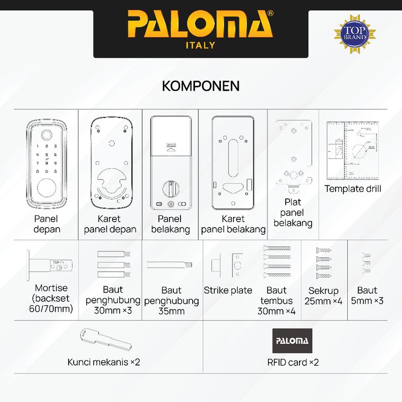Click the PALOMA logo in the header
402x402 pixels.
200,25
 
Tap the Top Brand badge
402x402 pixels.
351,32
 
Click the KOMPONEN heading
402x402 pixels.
200,86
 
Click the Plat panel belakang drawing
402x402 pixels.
293,156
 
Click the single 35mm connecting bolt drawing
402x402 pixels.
170,264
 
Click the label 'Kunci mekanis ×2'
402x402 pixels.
104,362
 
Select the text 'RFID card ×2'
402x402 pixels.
293,363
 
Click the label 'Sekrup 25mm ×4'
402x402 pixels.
323,296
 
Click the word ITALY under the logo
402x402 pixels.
200,45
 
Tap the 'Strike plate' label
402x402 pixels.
228,290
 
